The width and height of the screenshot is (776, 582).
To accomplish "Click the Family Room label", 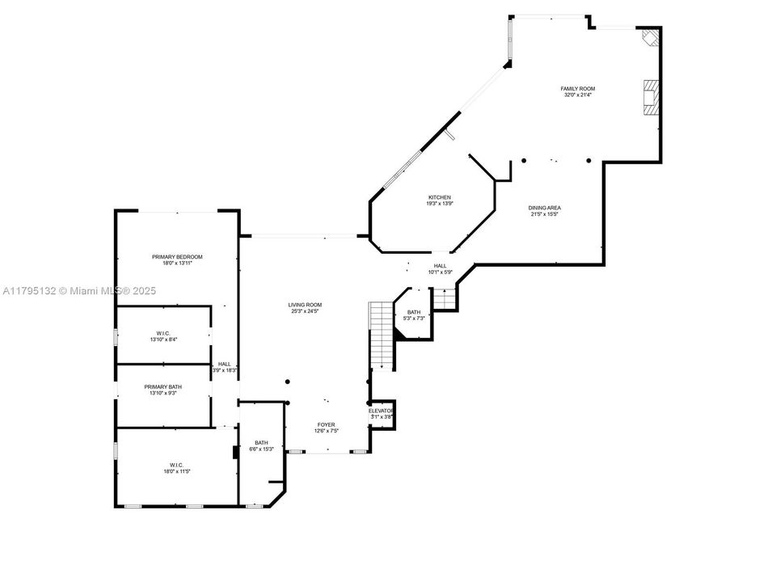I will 578,89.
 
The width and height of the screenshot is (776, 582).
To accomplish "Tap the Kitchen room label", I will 439,197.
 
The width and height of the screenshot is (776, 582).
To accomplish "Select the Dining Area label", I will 546,208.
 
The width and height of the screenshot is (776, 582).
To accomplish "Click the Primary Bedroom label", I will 177,257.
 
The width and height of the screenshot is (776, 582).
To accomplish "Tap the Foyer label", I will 326,424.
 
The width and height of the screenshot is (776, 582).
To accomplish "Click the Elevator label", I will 381,411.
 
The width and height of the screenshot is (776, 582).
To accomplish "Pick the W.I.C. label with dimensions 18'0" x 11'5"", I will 177,465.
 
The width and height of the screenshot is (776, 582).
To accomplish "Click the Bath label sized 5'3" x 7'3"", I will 413,312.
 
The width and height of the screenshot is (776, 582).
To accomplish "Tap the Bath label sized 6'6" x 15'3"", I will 261,442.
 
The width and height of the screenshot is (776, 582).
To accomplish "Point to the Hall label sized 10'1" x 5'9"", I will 440,266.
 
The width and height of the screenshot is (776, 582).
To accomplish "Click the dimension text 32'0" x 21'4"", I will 578,95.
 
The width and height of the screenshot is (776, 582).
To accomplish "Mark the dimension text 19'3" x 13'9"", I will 439,204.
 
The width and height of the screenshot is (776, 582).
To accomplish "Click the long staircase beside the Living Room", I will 381,335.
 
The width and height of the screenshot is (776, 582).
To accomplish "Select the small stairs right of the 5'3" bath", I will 444,299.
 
